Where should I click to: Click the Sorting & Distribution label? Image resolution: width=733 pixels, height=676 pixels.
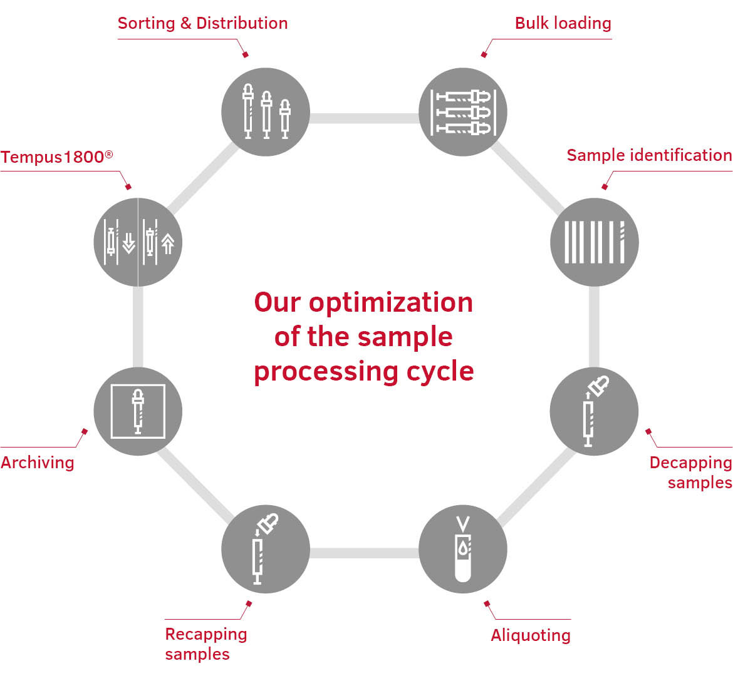click(x=202, y=24)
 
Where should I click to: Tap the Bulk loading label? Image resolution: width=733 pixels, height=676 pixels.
click(x=563, y=24)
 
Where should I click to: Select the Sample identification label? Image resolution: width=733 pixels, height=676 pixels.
click(x=649, y=155)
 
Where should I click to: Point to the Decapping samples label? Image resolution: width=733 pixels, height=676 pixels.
click(x=690, y=472)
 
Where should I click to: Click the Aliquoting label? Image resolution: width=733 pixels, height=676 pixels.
click(x=531, y=635)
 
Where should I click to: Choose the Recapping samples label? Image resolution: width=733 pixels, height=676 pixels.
click(x=205, y=643)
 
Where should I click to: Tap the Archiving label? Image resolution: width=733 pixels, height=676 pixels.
click(x=38, y=463)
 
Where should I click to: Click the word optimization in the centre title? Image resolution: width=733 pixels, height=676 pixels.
click(x=390, y=303)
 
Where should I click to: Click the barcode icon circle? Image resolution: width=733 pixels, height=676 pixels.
click(x=594, y=242)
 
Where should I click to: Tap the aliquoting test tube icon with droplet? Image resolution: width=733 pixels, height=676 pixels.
click(x=462, y=550)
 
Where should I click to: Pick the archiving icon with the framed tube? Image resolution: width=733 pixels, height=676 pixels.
click(x=138, y=411)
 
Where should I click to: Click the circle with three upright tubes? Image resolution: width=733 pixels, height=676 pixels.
click(x=266, y=112)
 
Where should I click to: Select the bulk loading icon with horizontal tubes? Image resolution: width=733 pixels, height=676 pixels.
click(x=462, y=112)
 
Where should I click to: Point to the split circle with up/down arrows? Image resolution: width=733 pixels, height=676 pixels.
click(x=138, y=242)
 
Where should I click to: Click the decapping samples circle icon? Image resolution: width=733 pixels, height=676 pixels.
click(x=594, y=411)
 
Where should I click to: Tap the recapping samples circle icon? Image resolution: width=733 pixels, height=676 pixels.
click(x=266, y=550)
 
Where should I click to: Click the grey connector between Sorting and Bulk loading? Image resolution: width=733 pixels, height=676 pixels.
click(x=364, y=118)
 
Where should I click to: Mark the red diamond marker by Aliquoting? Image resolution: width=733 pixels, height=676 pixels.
click(x=487, y=603)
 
